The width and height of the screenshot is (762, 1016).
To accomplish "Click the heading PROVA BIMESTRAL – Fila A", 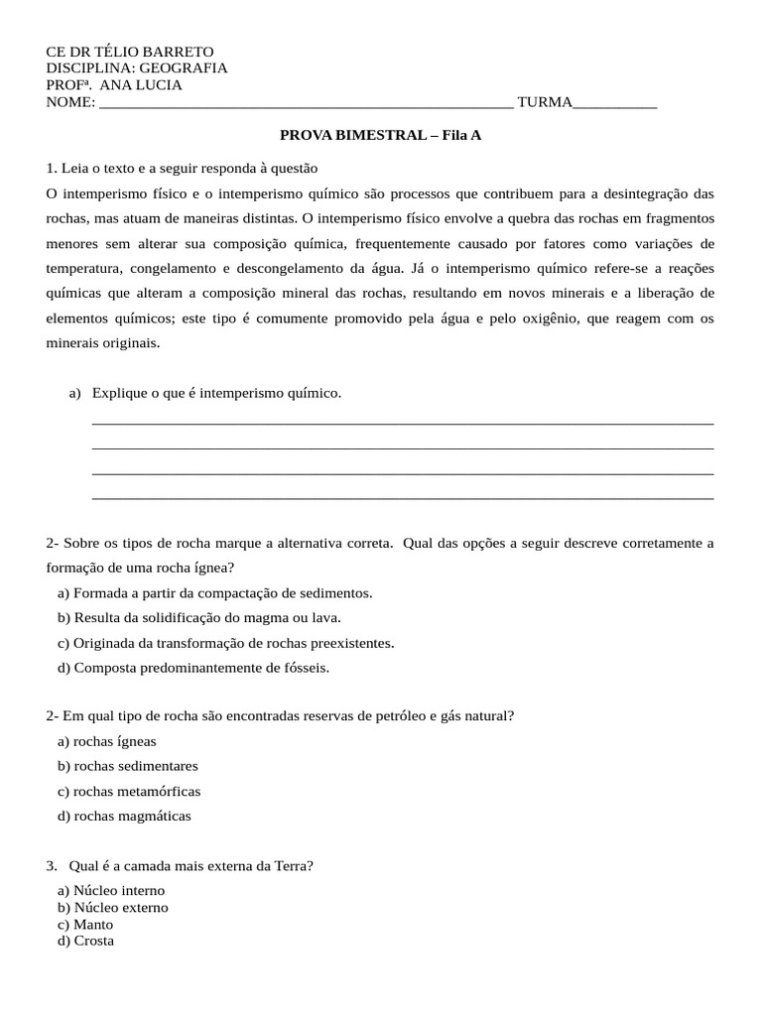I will click(380, 135).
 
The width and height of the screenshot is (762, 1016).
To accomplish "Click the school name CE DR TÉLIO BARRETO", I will click(130, 52).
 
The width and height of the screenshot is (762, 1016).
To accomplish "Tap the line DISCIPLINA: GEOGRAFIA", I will click(137, 68).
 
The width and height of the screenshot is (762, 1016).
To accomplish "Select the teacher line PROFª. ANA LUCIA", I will click(114, 85).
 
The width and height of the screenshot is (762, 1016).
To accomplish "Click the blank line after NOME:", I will click(306, 102).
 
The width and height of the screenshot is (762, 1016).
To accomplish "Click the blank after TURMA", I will click(615, 102).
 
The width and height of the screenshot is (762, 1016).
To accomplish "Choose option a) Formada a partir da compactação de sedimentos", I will click(215, 593).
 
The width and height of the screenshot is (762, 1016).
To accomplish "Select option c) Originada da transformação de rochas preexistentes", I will click(226, 643).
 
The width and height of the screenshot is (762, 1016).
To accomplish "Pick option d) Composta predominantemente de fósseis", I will click(193, 668).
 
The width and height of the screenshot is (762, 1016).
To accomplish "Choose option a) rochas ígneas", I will click(107, 741).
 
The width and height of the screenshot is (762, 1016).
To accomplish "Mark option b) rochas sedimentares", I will click(128, 766).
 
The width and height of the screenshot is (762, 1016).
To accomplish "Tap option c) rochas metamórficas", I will click(129, 792).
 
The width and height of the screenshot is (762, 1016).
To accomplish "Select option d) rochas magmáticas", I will click(124, 817).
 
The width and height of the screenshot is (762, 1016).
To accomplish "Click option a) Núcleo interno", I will click(111, 891).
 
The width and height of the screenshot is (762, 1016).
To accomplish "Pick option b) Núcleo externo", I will click(113, 908).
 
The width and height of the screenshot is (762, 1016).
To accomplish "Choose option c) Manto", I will click(85, 925).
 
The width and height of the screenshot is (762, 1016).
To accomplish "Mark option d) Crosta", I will click(86, 941).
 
